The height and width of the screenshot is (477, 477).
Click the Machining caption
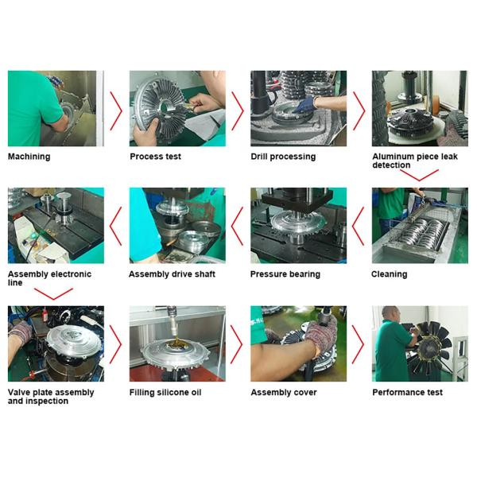click(29, 157)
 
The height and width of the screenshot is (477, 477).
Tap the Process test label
click(155, 157)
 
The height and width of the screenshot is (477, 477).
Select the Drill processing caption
click(283, 157)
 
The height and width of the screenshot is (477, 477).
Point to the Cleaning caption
click(389, 274)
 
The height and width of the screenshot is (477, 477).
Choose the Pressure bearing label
click(285, 274)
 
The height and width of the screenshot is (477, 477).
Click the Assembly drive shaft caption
click(172, 274)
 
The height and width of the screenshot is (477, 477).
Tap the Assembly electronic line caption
click(49, 278)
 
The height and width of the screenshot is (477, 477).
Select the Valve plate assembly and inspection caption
click(51, 397)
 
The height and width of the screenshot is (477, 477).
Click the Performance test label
click(407, 392)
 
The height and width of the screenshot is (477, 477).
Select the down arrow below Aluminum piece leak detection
click(419, 174)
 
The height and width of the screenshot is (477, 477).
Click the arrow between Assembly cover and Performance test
click(359, 344)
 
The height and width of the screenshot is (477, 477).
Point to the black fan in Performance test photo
click(429, 347)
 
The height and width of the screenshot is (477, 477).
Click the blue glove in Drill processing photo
click(306, 104)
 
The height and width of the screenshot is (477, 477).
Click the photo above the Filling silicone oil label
click(176, 343)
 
